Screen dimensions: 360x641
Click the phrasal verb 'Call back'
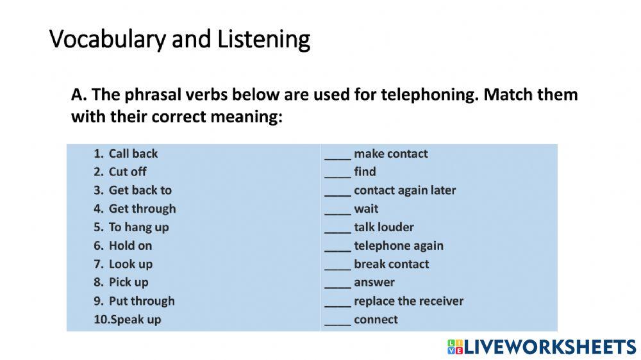(x=133, y=154)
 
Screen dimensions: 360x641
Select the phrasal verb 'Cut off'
(x=128, y=172)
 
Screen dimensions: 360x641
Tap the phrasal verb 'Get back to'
(x=140, y=190)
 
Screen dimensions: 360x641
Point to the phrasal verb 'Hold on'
(x=130, y=245)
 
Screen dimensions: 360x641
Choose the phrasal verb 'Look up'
(x=131, y=264)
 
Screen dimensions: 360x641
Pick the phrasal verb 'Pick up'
(x=128, y=282)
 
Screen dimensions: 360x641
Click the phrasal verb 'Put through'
(x=141, y=301)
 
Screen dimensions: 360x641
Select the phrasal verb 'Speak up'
(x=135, y=320)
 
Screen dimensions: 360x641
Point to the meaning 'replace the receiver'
(x=408, y=301)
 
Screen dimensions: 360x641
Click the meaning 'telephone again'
(x=398, y=245)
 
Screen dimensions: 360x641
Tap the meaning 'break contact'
(x=391, y=264)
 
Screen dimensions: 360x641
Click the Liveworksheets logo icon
(x=454, y=347)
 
